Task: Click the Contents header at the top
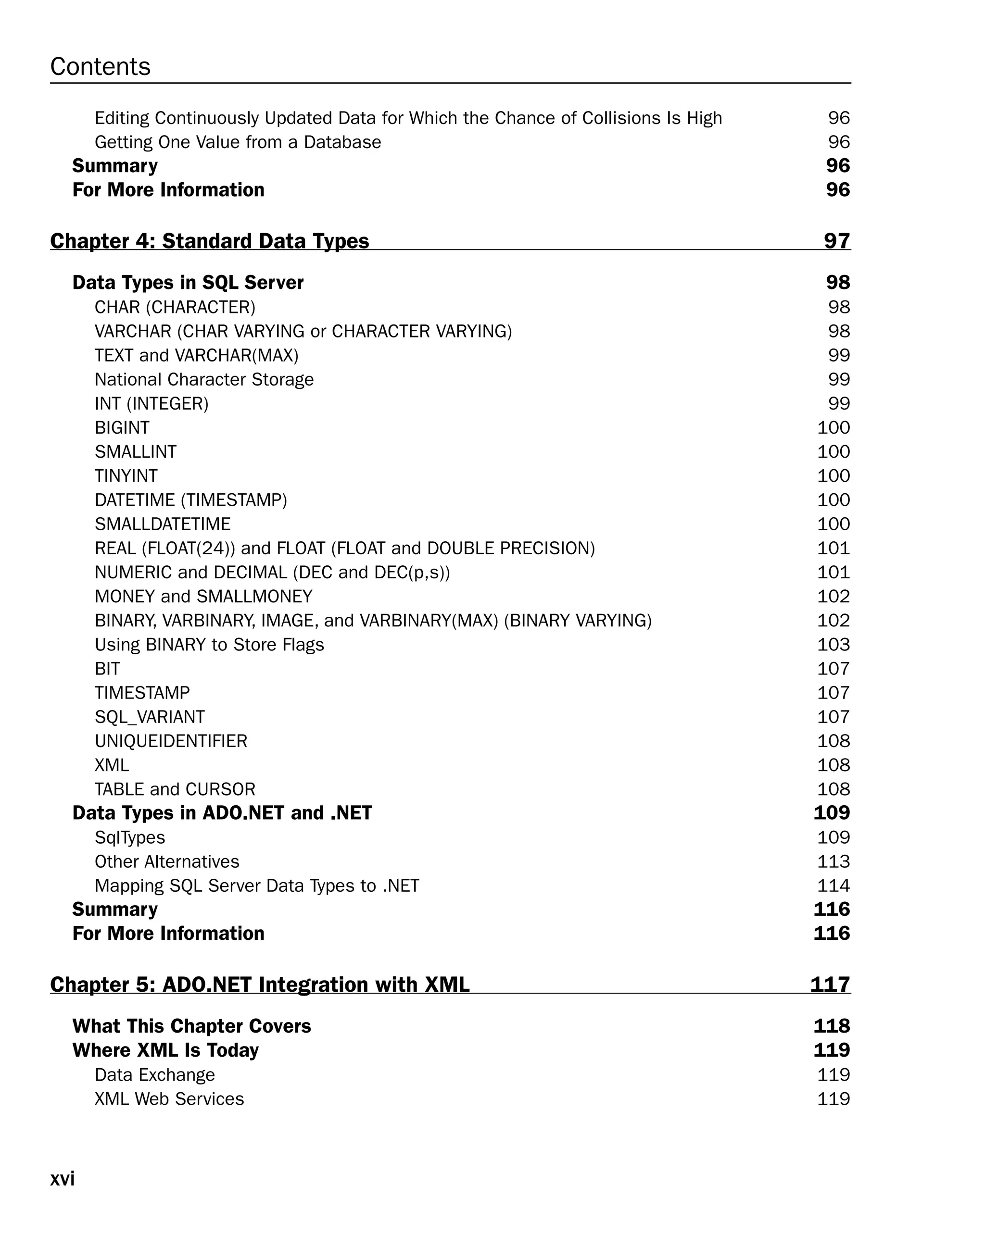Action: point(100,66)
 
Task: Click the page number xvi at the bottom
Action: point(62,1178)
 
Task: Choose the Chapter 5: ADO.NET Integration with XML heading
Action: point(260,984)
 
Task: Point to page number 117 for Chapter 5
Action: point(830,984)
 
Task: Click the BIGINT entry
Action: point(122,427)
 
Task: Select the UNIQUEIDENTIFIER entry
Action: point(171,741)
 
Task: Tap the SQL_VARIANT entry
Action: point(150,717)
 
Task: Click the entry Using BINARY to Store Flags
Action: point(209,645)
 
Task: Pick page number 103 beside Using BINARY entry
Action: point(833,645)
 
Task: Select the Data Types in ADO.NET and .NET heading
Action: point(222,813)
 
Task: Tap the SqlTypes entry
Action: point(129,837)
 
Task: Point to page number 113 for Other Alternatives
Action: point(833,861)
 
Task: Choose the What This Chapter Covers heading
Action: point(191,1026)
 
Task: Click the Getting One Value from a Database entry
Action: point(238,142)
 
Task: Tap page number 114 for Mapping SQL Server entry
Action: point(833,886)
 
